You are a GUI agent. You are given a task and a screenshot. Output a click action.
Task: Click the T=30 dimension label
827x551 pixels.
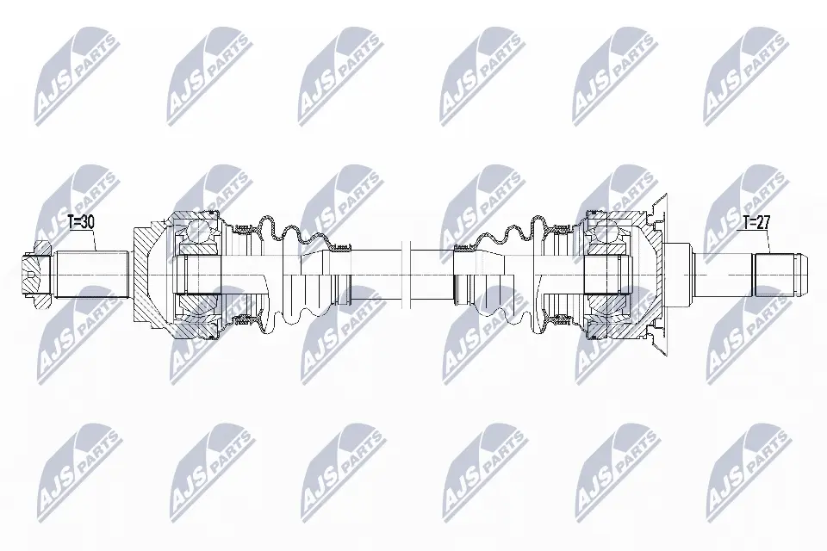(x=82, y=222)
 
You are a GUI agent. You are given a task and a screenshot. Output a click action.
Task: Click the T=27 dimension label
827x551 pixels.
(x=756, y=222)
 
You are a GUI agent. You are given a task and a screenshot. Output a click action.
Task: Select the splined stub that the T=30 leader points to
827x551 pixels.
(x=93, y=275)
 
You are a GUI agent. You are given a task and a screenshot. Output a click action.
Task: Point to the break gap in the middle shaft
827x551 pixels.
(x=406, y=275)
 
